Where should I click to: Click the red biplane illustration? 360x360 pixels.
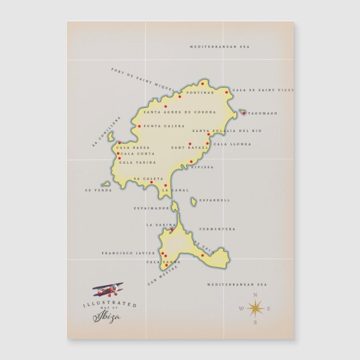coord(108,290)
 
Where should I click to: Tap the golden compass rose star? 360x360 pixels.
coord(255,307)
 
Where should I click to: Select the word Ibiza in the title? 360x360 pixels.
coord(106,317)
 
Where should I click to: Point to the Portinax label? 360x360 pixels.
coord(200,92)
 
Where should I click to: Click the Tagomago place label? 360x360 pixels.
coord(263,113)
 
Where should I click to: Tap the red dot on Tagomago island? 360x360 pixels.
coord(244,113)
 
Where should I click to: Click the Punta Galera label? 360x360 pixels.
coord(164,126)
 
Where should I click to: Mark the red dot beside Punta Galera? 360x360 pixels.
coord(140,126)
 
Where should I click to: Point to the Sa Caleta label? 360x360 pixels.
coord(149,179)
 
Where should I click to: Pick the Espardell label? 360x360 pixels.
coord(215,200)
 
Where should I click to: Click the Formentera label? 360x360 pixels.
coord(218,229)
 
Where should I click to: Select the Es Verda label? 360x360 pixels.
coord(98,190)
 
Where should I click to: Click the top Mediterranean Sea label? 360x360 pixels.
coord(219,46)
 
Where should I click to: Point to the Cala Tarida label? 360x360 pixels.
coord(138,163)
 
